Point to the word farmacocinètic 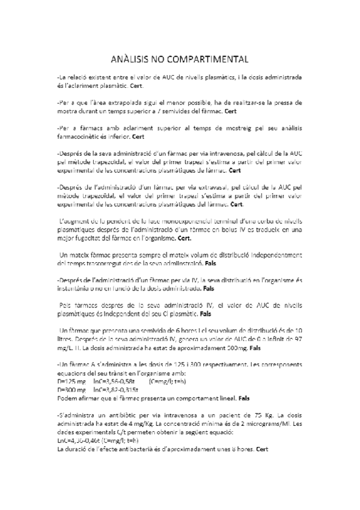(78, 137)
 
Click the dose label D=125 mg (71, 381)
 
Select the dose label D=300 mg (71, 390)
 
